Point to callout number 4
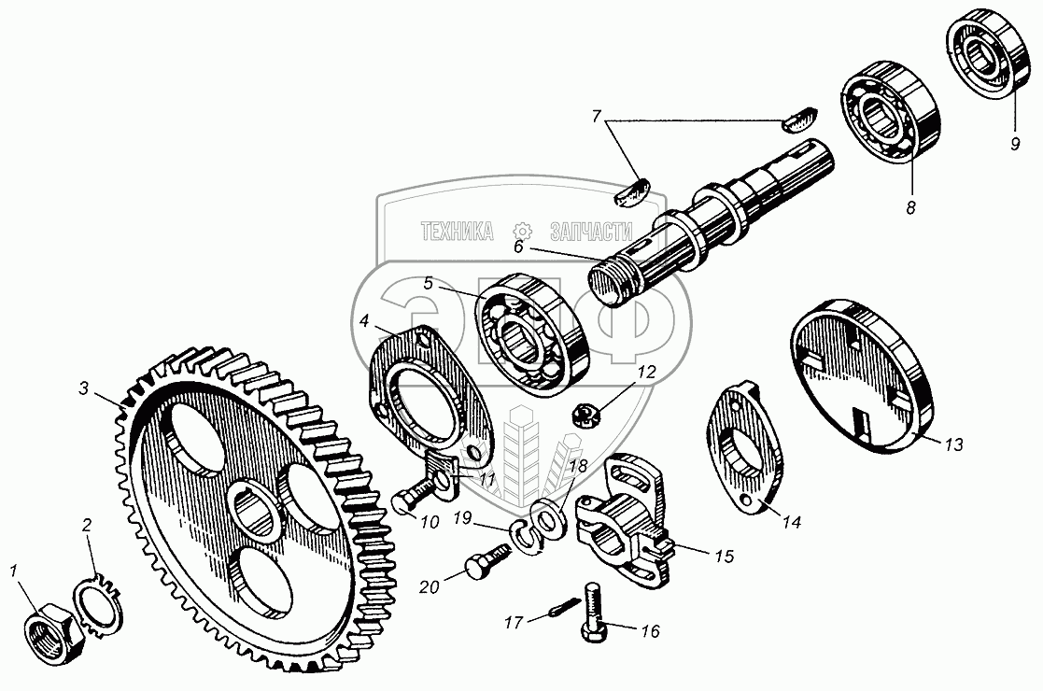(x=364, y=320)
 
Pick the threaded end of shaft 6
(x=608, y=281)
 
